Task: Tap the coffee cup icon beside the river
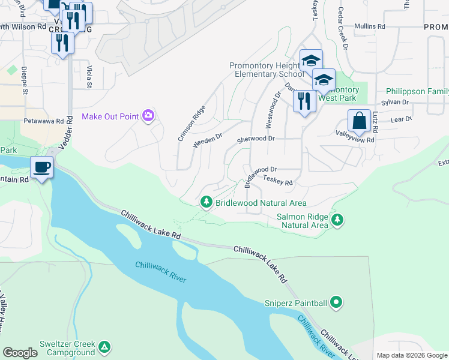coord(41,167)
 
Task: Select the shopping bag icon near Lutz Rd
coord(359,120)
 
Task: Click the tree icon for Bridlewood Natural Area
coord(206,203)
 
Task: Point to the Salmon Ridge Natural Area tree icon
coord(338,220)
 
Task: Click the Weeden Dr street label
coord(208,141)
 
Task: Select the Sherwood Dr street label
coord(255,139)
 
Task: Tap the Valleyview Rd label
coord(355,139)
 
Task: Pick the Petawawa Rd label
coord(43,121)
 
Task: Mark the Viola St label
coord(89,76)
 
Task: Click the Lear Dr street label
coord(401,119)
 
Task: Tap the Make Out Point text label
coord(110,116)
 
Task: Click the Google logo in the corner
coord(20,353)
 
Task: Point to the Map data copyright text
coord(411,355)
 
